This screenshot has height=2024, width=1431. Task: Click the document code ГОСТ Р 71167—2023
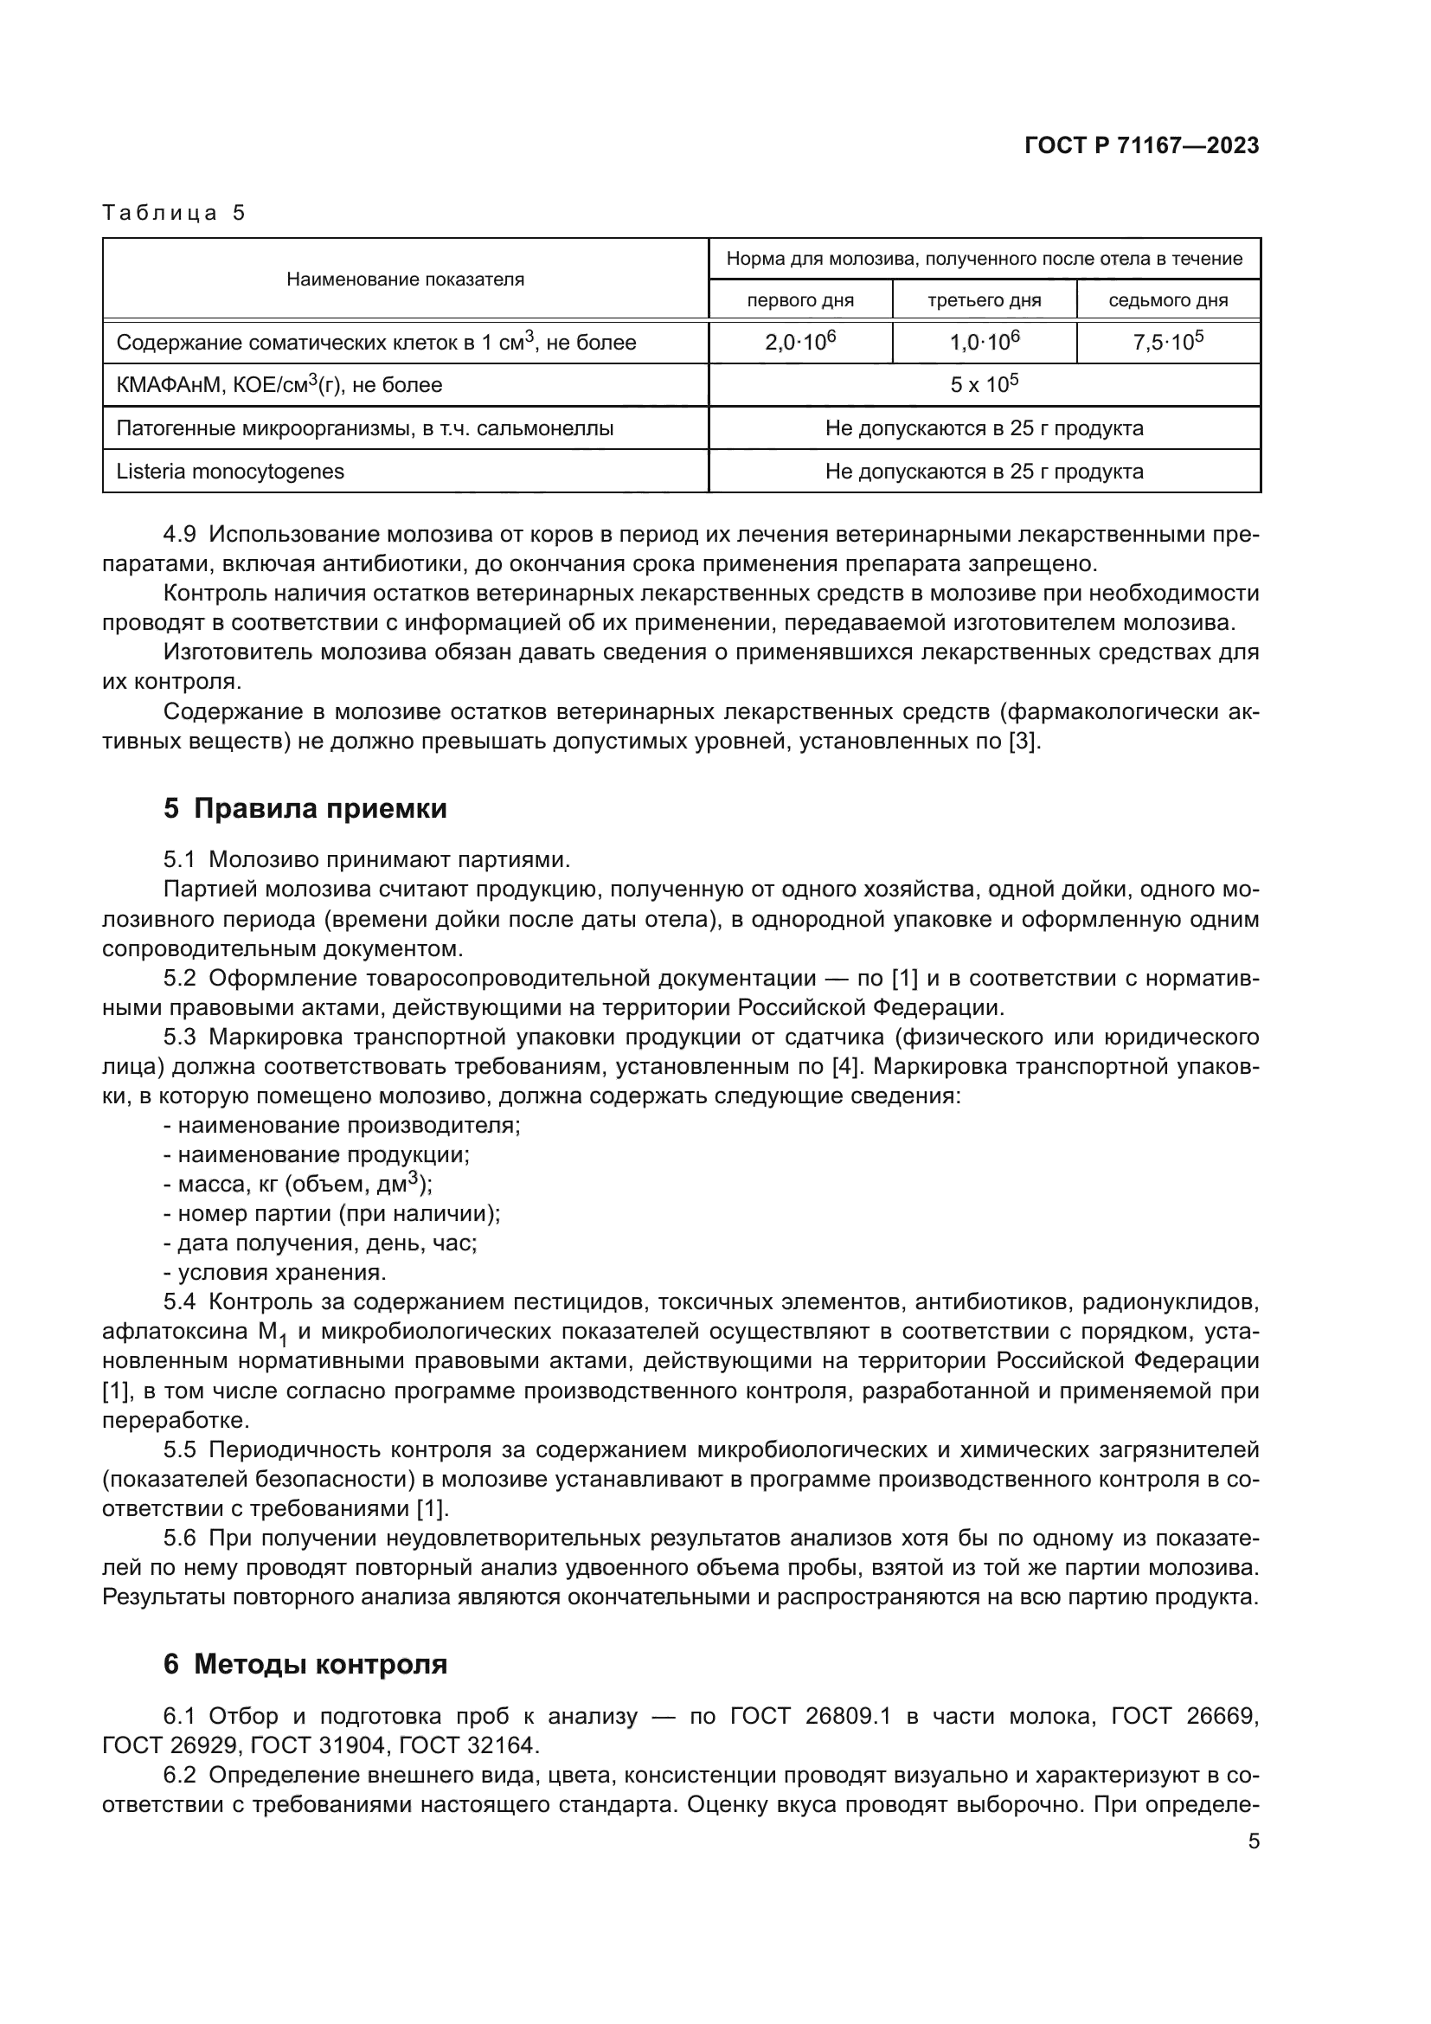click(x=1141, y=146)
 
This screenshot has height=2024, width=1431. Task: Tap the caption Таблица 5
click(x=174, y=213)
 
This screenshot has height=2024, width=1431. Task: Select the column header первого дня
click(x=800, y=300)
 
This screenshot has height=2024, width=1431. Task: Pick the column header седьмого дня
click(x=1167, y=300)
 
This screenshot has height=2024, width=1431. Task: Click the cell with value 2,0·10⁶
click(x=800, y=342)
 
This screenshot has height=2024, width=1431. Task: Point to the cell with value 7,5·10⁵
click(x=1167, y=342)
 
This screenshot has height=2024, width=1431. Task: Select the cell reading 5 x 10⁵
click(x=984, y=384)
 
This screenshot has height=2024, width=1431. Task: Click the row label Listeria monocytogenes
click(x=230, y=471)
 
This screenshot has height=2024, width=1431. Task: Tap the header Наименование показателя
click(x=405, y=280)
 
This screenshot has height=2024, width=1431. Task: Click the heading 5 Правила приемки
click(x=305, y=808)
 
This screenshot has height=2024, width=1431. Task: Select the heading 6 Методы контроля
click(x=305, y=1664)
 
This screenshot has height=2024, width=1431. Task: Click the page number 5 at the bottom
click(x=1253, y=1841)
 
